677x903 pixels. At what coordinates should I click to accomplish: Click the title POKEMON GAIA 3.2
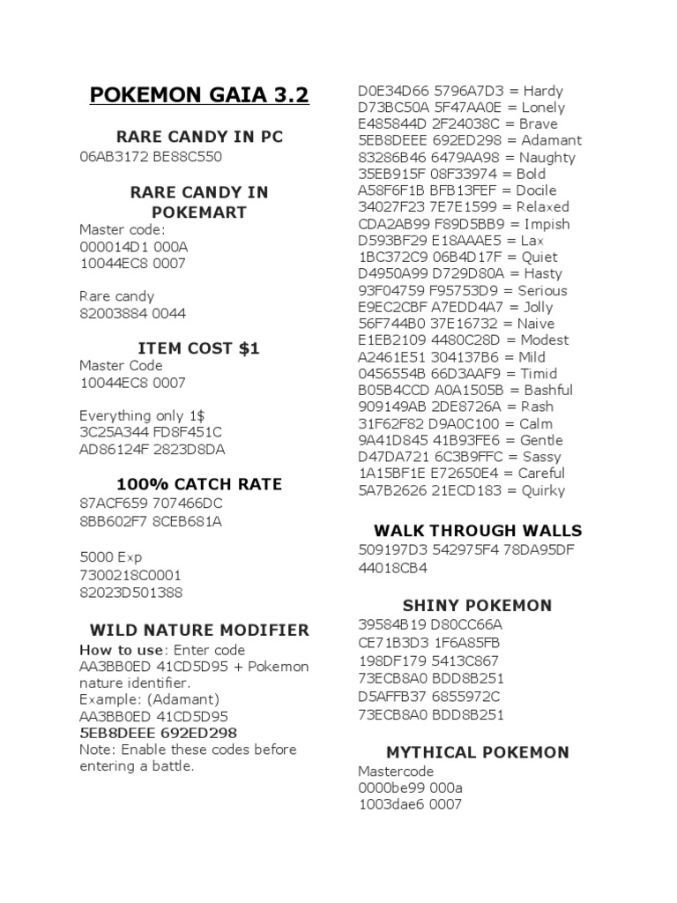pyautogui.click(x=199, y=94)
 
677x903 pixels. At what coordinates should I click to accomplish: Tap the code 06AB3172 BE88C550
pyautogui.click(x=151, y=157)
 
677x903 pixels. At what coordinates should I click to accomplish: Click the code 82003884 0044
pyautogui.click(x=132, y=313)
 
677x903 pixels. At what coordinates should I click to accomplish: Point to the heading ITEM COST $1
pyautogui.click(x=199, y=348)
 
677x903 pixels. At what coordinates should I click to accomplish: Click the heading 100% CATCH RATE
pyautogui.click(x=199, y=484)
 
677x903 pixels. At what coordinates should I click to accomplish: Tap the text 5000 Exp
pyautogui.click(x=110, y=557)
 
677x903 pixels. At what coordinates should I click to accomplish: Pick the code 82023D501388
pyautogui.click(x=130, y=593)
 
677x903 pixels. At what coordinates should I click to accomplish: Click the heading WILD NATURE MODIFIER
pyautogui.click(x=199, y=630)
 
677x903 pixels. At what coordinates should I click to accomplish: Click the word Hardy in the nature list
pyautogui.click(x=543, y=91)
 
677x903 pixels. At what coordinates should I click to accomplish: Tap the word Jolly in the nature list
pyautogui.click(x=538, y=307)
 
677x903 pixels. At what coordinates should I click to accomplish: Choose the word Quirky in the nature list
pyautogui.click(x=543, y=490)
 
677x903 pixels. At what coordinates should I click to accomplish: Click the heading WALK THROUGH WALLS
pyautogui.click(x=478, y=530)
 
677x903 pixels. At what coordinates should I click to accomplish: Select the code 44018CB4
pyautogui.click(x=392, y=569)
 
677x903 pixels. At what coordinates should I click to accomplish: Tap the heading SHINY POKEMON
pyautogui.click(x=478, y=606)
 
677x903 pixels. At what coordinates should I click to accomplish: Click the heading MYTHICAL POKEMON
pyautogui.click(x=478, y=752)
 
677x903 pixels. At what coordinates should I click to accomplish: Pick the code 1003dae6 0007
pyautogui.click(x=410, y=804)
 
